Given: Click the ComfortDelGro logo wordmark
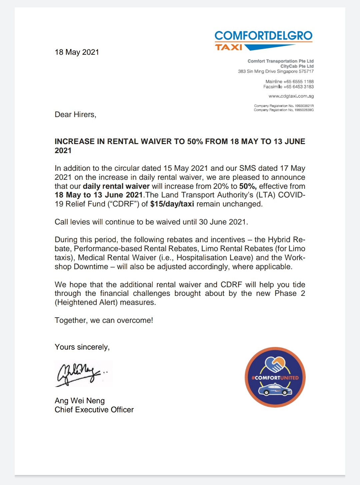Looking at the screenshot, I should tap(263, 35).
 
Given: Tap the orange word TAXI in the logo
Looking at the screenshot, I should tap(229, 47).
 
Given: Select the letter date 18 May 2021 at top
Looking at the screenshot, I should tap(77, 52).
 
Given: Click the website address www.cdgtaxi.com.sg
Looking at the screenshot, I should tap(291, 96).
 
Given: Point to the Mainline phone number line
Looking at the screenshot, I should tap(289, 81).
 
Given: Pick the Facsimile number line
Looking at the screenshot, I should tap(288, 87).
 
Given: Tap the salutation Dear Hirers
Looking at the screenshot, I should tap(75, 114).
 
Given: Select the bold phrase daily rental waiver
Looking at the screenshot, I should tap(116, 186).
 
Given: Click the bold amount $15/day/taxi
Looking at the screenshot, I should tap(172, 204).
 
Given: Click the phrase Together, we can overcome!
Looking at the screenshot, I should tap(104, 320).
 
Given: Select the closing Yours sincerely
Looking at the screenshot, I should tap(82, 347).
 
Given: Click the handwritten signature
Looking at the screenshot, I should tap(80, 373).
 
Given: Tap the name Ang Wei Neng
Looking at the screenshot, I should tap(80, 401).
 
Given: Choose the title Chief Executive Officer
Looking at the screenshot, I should tap(94, 410).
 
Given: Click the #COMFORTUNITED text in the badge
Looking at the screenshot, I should tap(275, 378).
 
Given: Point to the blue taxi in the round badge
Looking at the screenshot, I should tap(275, 389).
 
